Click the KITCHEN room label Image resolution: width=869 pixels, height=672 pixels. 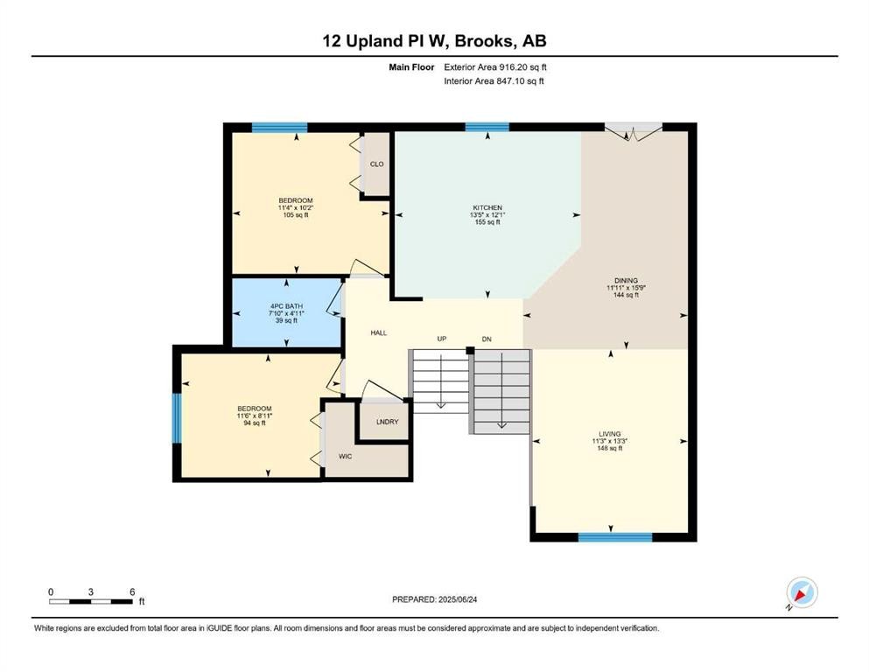487,207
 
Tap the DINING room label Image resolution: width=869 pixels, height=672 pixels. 626,280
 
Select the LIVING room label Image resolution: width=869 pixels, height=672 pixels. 610,434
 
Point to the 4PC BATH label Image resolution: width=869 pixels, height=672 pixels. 286,305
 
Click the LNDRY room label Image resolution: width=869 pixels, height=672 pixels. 388,422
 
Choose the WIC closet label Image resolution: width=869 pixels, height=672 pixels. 346,457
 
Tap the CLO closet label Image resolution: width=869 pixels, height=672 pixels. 377,164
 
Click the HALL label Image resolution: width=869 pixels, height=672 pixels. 379,333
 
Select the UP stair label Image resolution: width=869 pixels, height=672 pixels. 442,339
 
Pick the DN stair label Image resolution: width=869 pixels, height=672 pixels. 487,339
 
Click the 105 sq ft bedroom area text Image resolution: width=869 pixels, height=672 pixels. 296,215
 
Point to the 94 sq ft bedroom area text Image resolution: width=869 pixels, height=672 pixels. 255,423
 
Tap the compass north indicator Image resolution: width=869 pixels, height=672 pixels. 802,593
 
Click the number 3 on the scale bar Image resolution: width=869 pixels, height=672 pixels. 91,591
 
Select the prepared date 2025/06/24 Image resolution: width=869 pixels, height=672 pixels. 458,599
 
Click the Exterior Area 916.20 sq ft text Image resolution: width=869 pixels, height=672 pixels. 495,67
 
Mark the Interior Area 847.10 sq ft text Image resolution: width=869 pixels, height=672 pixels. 494,80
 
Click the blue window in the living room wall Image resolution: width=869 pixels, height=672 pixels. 615,537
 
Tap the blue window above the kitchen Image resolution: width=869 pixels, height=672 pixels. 487,127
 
